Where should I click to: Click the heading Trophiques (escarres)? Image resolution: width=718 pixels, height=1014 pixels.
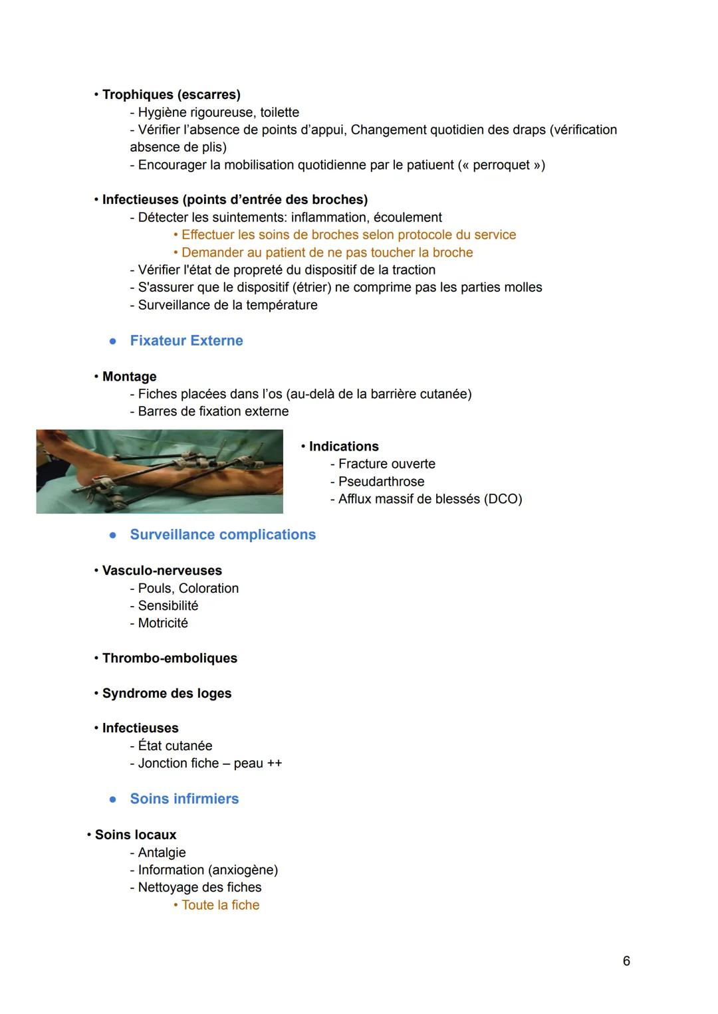[171, 94]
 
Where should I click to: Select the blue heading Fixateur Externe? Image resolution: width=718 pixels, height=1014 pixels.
[186, 341]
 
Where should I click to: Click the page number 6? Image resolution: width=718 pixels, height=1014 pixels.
[626, 961]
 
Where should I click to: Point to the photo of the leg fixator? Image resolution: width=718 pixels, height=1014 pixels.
[160, 471]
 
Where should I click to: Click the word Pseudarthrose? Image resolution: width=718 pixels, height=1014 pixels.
[381, 482]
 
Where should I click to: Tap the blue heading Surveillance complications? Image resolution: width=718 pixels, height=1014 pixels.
[223, 535]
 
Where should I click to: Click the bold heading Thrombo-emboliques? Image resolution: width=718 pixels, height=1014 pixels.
[170, 659]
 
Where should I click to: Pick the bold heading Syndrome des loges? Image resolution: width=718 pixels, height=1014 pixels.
[167, 694]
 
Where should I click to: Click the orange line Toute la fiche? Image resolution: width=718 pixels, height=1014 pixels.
[220, 905]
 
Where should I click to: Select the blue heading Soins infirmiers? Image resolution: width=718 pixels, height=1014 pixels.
[184, 799]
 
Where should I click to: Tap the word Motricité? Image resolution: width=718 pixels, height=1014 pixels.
[163, 623]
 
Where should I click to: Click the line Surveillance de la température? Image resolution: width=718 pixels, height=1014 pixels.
[227, 305]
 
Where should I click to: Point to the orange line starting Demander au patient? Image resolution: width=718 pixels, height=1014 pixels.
[326, 253]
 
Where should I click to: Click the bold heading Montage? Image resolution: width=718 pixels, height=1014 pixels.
[129, 377]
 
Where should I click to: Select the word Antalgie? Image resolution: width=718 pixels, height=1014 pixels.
[162, 853]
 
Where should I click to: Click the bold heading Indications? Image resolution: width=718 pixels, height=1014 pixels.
[344, 447]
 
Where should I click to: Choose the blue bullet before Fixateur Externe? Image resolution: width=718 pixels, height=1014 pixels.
[113, 341]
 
